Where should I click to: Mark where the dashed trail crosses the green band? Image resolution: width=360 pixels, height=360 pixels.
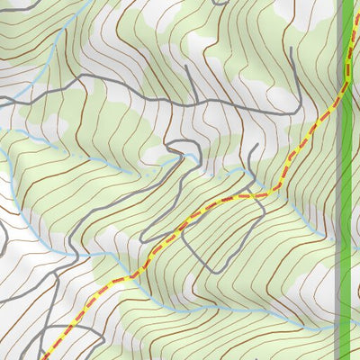346,86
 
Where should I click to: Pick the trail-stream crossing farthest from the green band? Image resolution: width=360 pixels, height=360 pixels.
126,278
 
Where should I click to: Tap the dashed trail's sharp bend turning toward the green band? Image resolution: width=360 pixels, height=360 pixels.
270,193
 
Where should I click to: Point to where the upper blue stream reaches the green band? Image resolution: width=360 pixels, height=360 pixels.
340,236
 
